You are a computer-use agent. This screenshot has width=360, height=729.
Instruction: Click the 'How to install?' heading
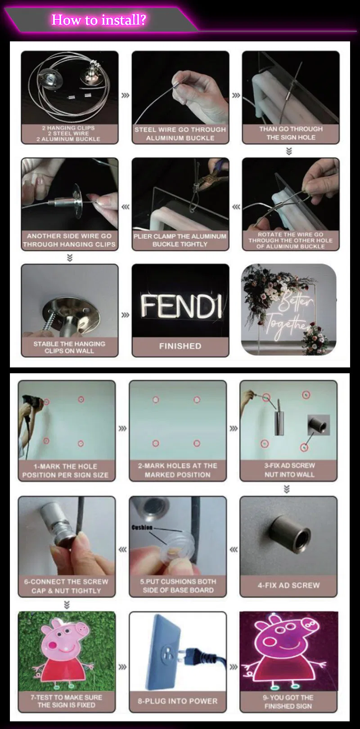[99, 20]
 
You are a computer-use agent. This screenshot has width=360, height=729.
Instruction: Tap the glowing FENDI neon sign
[181, 306]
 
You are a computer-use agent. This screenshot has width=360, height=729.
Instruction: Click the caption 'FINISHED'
[180, 346]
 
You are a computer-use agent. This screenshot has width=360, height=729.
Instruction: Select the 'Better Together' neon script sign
[289, 314]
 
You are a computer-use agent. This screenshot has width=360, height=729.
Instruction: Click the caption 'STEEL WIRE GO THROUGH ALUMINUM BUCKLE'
[180, 134]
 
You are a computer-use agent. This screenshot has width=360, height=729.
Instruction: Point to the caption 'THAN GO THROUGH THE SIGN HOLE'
[291, 133]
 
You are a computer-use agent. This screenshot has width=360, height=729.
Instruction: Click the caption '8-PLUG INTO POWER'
[178, 701]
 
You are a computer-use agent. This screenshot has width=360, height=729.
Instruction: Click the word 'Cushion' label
[142, 527]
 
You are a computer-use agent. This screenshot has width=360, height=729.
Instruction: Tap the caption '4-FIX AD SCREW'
[288, 585]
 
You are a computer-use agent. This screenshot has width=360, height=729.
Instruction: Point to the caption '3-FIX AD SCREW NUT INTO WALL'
[289, 470]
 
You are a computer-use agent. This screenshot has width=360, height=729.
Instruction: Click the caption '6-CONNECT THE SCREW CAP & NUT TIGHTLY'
[66, 586]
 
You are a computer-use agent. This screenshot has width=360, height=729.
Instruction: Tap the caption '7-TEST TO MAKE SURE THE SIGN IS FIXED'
[66, 701]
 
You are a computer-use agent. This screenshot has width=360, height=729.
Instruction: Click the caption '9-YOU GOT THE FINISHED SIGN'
[288, 702]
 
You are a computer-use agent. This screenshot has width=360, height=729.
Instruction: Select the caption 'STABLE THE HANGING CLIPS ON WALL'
[69, 347]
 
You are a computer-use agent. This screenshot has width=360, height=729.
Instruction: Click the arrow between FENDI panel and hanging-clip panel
[125, 315]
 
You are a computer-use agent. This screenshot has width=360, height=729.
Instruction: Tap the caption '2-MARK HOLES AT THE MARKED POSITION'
[178, 470]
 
